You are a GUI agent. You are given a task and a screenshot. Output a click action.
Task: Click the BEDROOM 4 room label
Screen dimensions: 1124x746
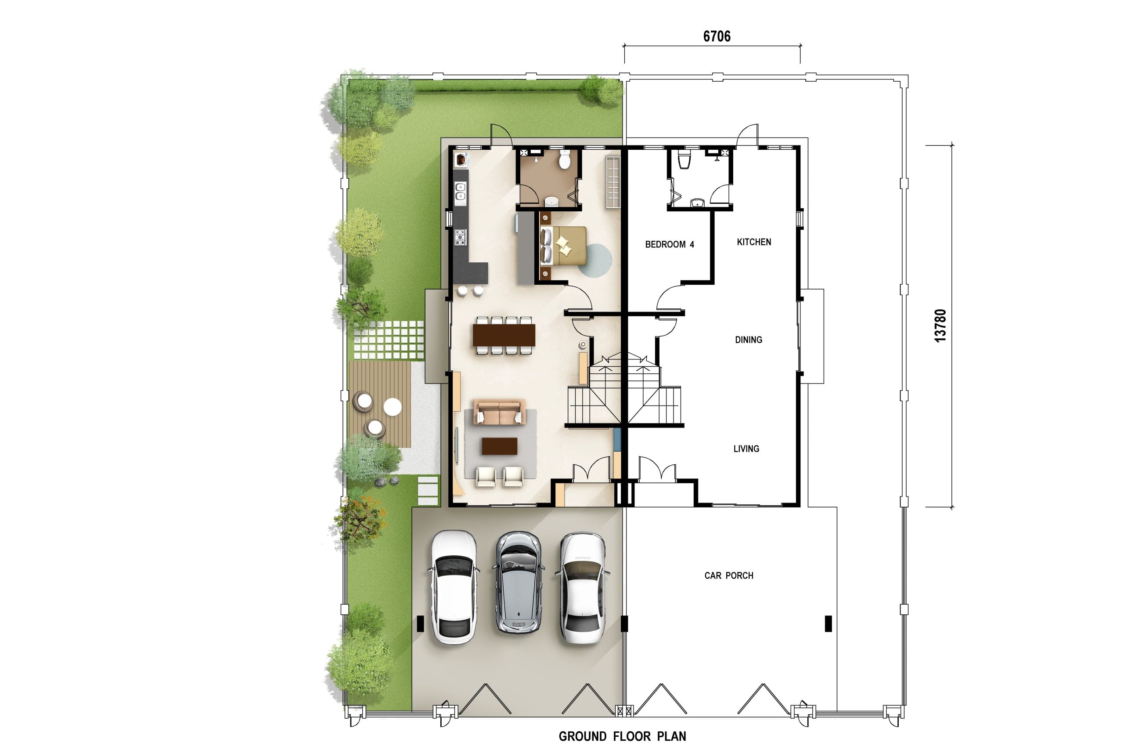pos(669,245)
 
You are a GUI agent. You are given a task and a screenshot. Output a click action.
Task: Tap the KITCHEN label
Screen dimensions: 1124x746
pos(753,242)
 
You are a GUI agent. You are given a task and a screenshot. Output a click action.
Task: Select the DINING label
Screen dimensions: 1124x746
pos(749,340)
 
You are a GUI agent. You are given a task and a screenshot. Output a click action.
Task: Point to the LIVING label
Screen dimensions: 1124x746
pos(746,449)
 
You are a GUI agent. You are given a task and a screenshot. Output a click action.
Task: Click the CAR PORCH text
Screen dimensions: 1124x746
pos(728,576)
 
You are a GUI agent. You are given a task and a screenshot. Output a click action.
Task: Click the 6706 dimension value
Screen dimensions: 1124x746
pos(717,36)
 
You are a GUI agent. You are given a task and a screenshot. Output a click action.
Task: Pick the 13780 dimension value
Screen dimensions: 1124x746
pos(940,326)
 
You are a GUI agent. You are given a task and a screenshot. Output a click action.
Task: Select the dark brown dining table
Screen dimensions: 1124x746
pos(504,335)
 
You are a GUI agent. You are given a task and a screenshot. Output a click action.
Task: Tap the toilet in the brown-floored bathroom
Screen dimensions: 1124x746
pos(564,159)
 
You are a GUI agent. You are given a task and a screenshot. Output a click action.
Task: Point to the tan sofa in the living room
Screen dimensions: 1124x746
pos(499,412)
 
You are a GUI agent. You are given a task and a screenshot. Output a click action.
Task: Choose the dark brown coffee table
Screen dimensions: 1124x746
pos(499,446)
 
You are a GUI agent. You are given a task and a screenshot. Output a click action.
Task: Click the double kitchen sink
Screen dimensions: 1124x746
pos(460,191)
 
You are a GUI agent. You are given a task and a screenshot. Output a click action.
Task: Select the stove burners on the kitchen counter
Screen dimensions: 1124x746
pos(460,237)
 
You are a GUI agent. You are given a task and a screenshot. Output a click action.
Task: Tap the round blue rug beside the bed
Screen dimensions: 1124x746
pos(595,260)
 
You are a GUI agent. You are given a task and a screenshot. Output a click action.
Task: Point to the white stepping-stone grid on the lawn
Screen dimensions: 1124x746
pos(389,340)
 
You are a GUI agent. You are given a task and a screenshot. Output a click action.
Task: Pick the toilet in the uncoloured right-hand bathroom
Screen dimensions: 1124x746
pos(683,159)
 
